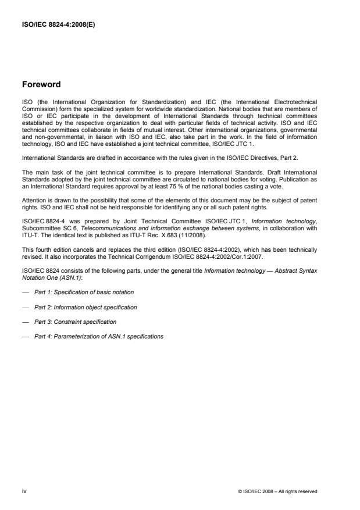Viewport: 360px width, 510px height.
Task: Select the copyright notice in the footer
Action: point(278,491)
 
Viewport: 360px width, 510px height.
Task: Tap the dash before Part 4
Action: point(25,337)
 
